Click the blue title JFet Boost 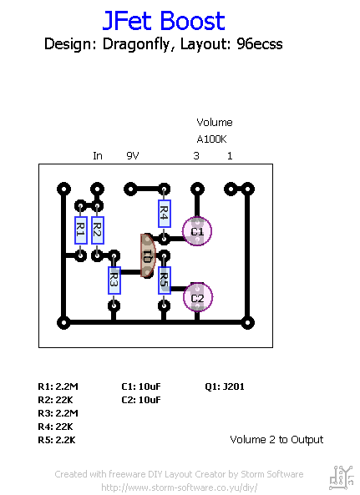coord(164,21)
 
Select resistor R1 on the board coord(80,230)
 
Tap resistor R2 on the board coord(97,230)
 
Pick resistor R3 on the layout coord(114,280)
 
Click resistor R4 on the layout coord(165,214)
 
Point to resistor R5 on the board coord(165,280)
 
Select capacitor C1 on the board coord(197,231)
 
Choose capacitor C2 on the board coord(198,297)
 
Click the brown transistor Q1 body coord(148,255)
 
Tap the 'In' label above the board coord(98,155)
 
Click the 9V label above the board coord(133,155)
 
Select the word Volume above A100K coord(215,122)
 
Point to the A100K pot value coord(211,139)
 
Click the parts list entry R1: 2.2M coord(58,386)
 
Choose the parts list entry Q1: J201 coord(225,386)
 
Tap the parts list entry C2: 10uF coord(141,400)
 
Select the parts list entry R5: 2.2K coord(57,440)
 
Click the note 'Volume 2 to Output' coord(276,439)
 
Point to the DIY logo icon coord(341,477)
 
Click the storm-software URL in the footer coord(180,487)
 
